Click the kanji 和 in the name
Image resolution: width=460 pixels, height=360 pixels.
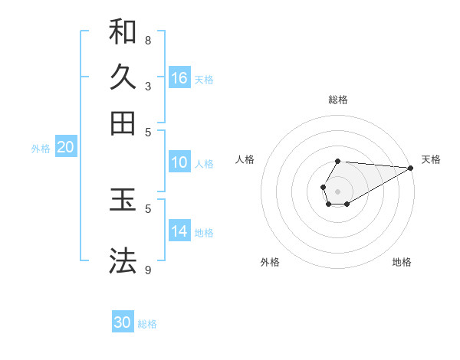(123, 31)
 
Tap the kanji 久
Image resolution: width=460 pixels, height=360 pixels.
(123, 77)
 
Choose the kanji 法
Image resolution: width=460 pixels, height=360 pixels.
(123, 260)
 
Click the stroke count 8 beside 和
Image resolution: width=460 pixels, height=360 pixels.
(148, 40)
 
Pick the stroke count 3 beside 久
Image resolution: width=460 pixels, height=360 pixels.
(148, 86)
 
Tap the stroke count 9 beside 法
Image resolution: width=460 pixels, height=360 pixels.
(148, 270)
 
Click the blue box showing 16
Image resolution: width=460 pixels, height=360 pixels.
(179, 78)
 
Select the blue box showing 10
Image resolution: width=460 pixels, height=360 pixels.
(179, 162)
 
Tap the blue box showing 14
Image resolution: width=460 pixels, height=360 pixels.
(179, 231)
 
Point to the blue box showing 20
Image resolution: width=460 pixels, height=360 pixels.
(65, 148)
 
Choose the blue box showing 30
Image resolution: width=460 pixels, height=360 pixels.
(123, 322)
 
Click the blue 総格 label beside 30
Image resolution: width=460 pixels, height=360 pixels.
(148, 324)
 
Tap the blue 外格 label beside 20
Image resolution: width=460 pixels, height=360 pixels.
(41, 149)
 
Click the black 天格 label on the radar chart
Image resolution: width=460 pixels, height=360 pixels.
(431, 159)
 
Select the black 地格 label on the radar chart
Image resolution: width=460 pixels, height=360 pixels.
(402, 262)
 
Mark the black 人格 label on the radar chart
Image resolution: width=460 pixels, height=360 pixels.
(245, 159)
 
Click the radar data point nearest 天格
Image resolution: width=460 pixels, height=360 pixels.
(410, 168)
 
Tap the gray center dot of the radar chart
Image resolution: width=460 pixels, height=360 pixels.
(337, 190)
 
